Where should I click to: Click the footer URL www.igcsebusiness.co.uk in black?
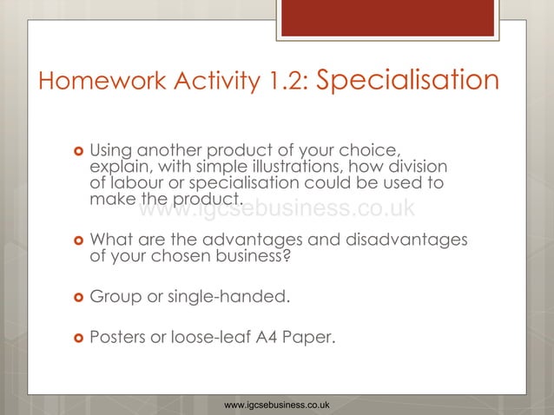click(x=276, y=405)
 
